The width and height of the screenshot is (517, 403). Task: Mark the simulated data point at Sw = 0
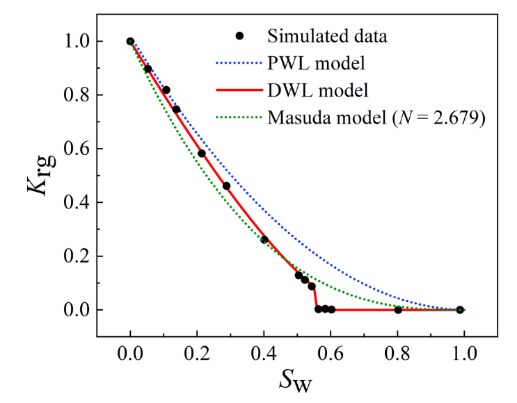click(130, 42)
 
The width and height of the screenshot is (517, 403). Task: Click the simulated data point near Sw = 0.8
click(398, 309)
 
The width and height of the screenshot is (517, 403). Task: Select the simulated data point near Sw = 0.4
click(264, 240)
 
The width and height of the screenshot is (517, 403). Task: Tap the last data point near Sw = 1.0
click(460, 309)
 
